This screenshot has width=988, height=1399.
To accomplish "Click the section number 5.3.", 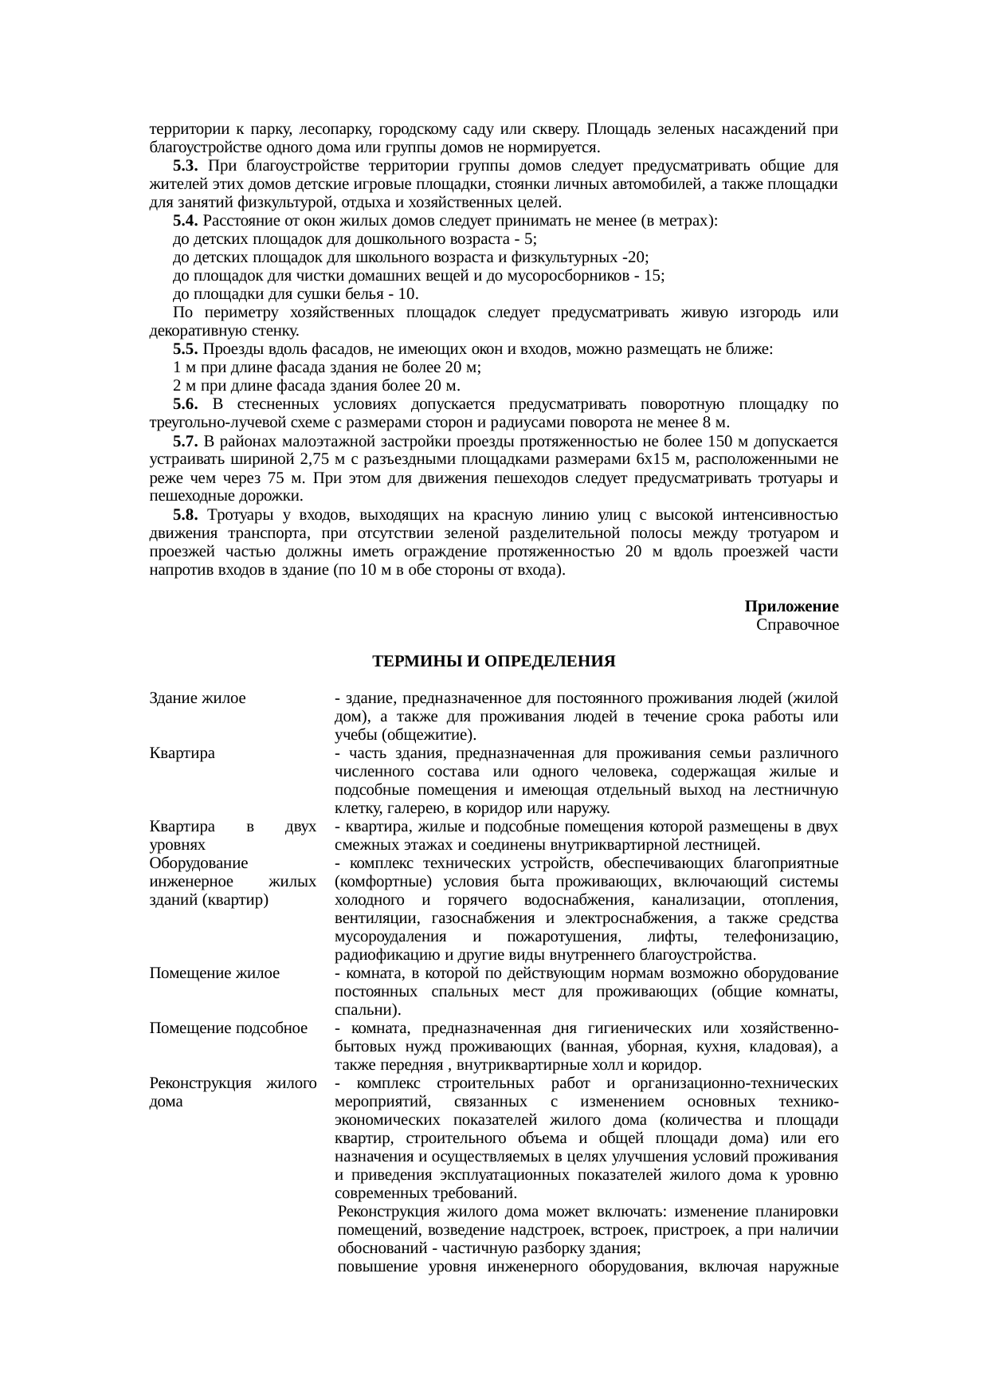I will tap(185, 166).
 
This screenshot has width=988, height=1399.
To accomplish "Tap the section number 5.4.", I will tap(185, 221).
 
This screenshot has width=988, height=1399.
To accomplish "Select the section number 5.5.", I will tap(185, 349).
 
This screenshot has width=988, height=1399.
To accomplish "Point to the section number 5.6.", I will tap(185, 404).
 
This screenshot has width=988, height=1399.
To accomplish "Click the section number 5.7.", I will tap(185, 441).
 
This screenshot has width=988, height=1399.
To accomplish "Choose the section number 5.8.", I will tap(185, 515).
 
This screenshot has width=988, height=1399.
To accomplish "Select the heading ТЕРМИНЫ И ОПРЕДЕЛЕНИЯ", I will tap(493, 662).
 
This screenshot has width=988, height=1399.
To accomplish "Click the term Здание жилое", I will tap(197, 698).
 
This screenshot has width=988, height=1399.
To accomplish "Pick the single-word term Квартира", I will tap(182, 753).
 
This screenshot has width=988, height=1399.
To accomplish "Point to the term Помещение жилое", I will tap(214, 973).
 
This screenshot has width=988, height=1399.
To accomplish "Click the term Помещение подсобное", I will tap(228, 1028).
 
